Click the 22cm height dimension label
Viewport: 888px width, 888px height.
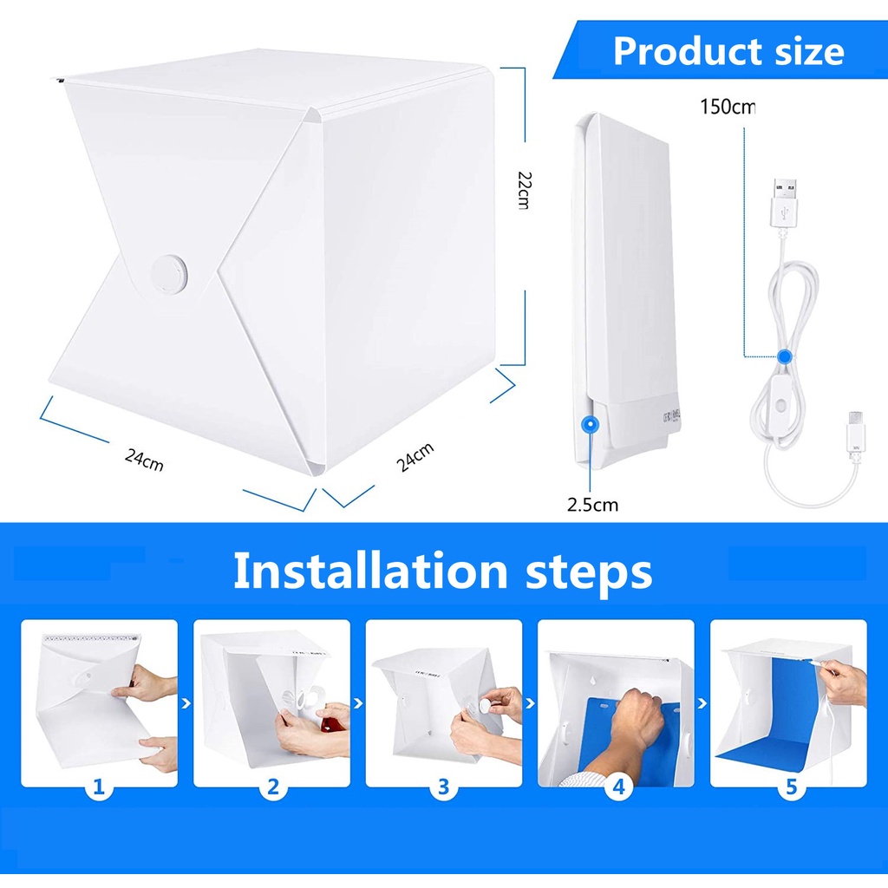click(523, 190)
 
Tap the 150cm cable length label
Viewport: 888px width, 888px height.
click(728, 108)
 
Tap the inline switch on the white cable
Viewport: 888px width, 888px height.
click(781, 404)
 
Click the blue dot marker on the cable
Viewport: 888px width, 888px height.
click(784, 356)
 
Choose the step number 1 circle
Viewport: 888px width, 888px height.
click(99, 787)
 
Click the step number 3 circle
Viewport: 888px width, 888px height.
click(443, 787)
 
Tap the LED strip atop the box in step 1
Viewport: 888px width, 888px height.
click(91, 639)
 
